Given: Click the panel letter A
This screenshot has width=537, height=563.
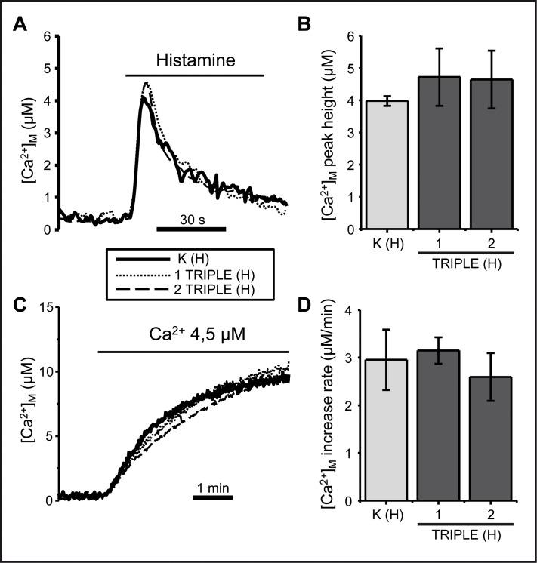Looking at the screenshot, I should pos(22,25).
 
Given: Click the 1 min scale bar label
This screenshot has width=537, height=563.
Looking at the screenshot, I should pos(212,488).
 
